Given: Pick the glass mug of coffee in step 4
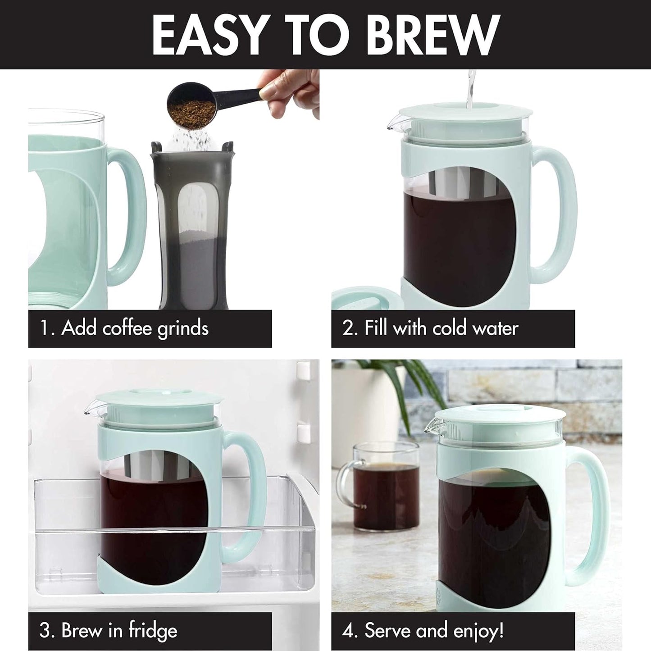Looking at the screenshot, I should (x=378, y=487).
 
